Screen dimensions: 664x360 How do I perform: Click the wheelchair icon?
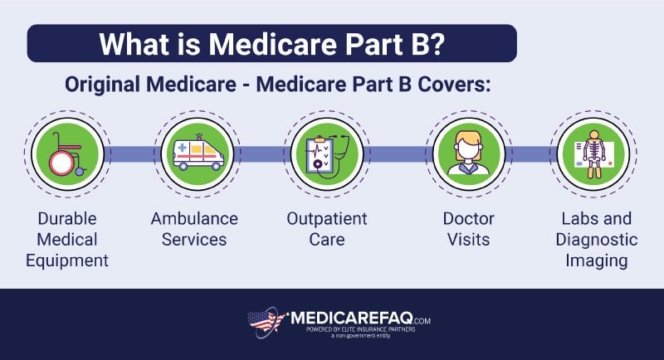click(x=67, y=154)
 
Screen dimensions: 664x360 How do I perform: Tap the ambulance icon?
click(x=198, y=153)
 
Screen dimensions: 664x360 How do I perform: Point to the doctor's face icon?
click(x=468, y=153)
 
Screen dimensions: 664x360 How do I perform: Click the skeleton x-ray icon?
click(x=593, y=154)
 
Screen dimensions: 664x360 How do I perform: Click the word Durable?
click(x=67, y=219)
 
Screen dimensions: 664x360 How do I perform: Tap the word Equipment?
click(x=67, y=260)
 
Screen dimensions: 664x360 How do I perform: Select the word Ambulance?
click(x=194, y=219)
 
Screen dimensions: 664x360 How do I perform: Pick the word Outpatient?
click(x=327, y=219)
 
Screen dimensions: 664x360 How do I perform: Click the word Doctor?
click(x=468, y=219)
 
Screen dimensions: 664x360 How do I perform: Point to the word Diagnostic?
click(x=596, y=240)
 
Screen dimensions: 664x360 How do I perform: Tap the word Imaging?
click(x=596, y=260)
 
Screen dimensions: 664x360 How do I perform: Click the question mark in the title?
click(x=437, y=43)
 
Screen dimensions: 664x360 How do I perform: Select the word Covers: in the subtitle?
click(x=454, y=84)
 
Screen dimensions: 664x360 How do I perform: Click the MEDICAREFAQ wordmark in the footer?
click(x=351, y=319)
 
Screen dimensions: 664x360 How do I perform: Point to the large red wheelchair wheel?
click(x=61, y=163)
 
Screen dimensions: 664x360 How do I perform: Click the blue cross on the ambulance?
click(x=182, y=148)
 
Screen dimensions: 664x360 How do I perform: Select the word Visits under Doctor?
click(x=468, y=240)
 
